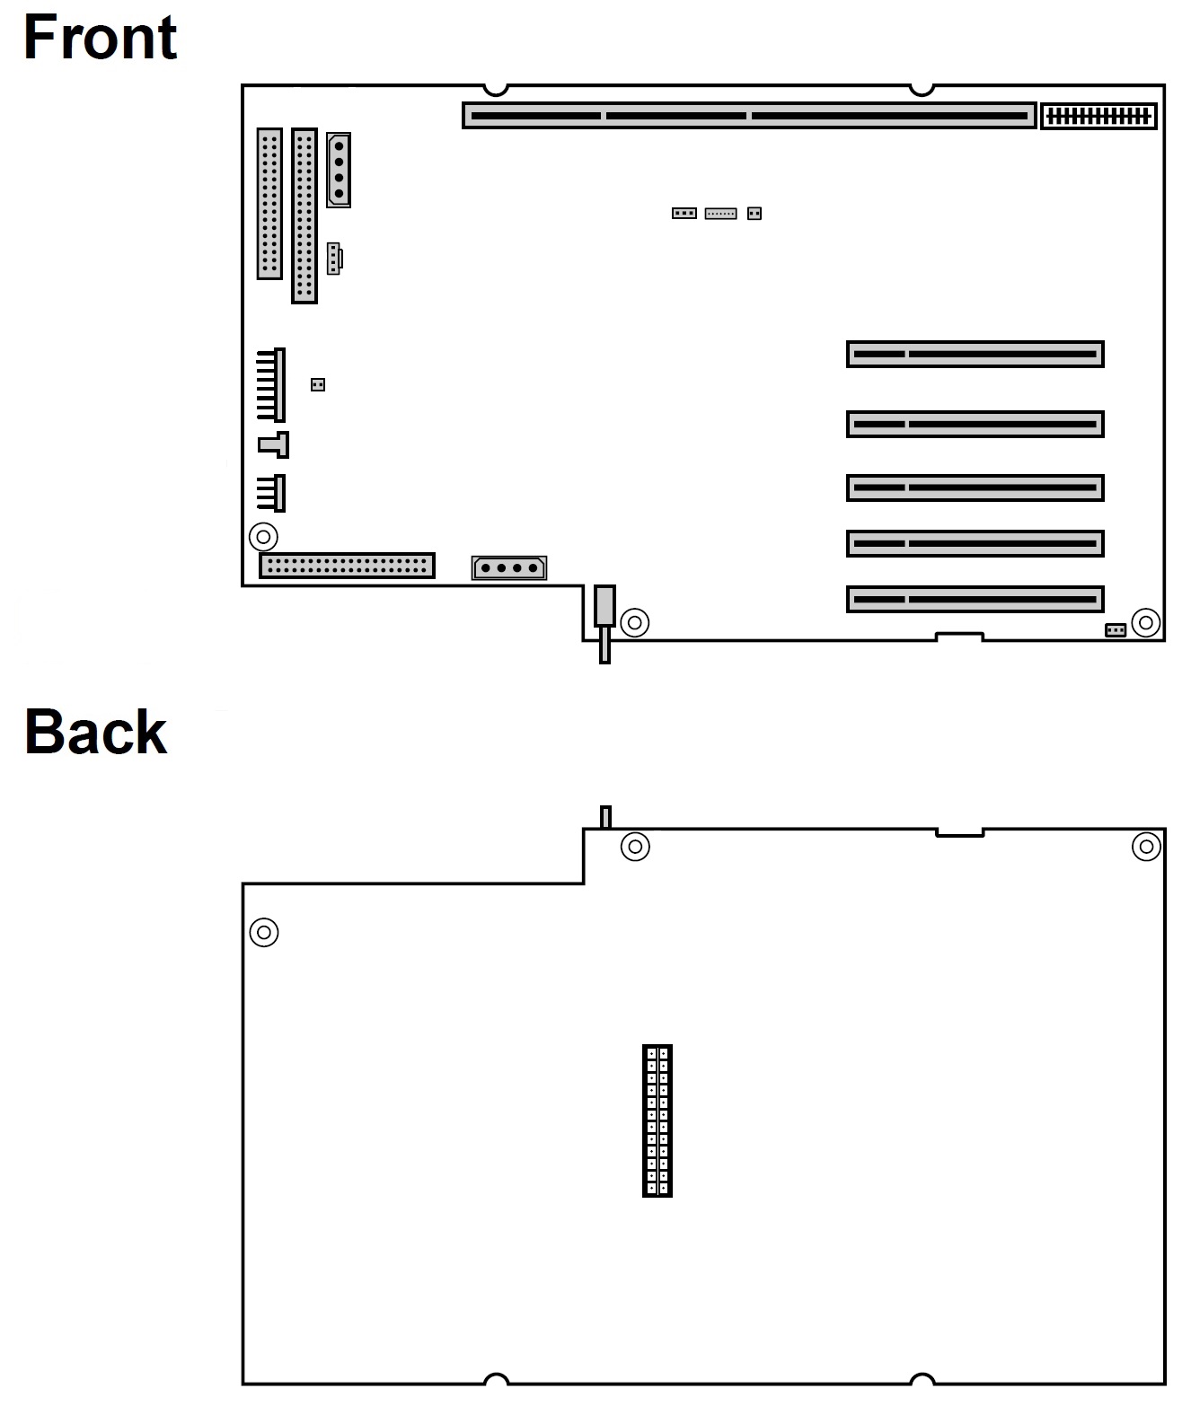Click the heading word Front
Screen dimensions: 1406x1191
(x=100, y=38)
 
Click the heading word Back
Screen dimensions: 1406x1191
(x=95, y=732)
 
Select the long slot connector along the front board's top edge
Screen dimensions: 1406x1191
(x=749, y=116)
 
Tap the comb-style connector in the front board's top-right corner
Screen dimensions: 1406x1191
(x=1098, y=116)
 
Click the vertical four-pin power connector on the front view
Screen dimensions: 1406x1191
(x=339, y=170)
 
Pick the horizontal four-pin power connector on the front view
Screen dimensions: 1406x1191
(x=509, y=567)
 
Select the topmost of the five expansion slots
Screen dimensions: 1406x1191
(x=975, y=354)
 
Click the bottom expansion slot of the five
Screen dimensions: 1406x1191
(x=975, y=599)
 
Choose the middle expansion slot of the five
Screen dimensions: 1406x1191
(x=975, y=488)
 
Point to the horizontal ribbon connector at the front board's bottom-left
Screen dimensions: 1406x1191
(x=347, y=566)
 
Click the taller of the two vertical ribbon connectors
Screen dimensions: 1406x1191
(x=304, y=215)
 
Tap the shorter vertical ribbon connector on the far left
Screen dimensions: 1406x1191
(x=269, y=204)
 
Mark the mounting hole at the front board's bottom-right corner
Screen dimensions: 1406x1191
(x=1145, y=622)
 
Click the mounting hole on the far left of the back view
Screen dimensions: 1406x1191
(x=264, y=932)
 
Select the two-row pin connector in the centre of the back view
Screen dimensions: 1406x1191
(x=657, y=1120)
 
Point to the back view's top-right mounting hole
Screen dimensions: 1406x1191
(x=1145, y=846)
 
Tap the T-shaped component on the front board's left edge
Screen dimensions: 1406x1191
(x=274, y=444)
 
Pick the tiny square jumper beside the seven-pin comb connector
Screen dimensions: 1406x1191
(x=317, y=384)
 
